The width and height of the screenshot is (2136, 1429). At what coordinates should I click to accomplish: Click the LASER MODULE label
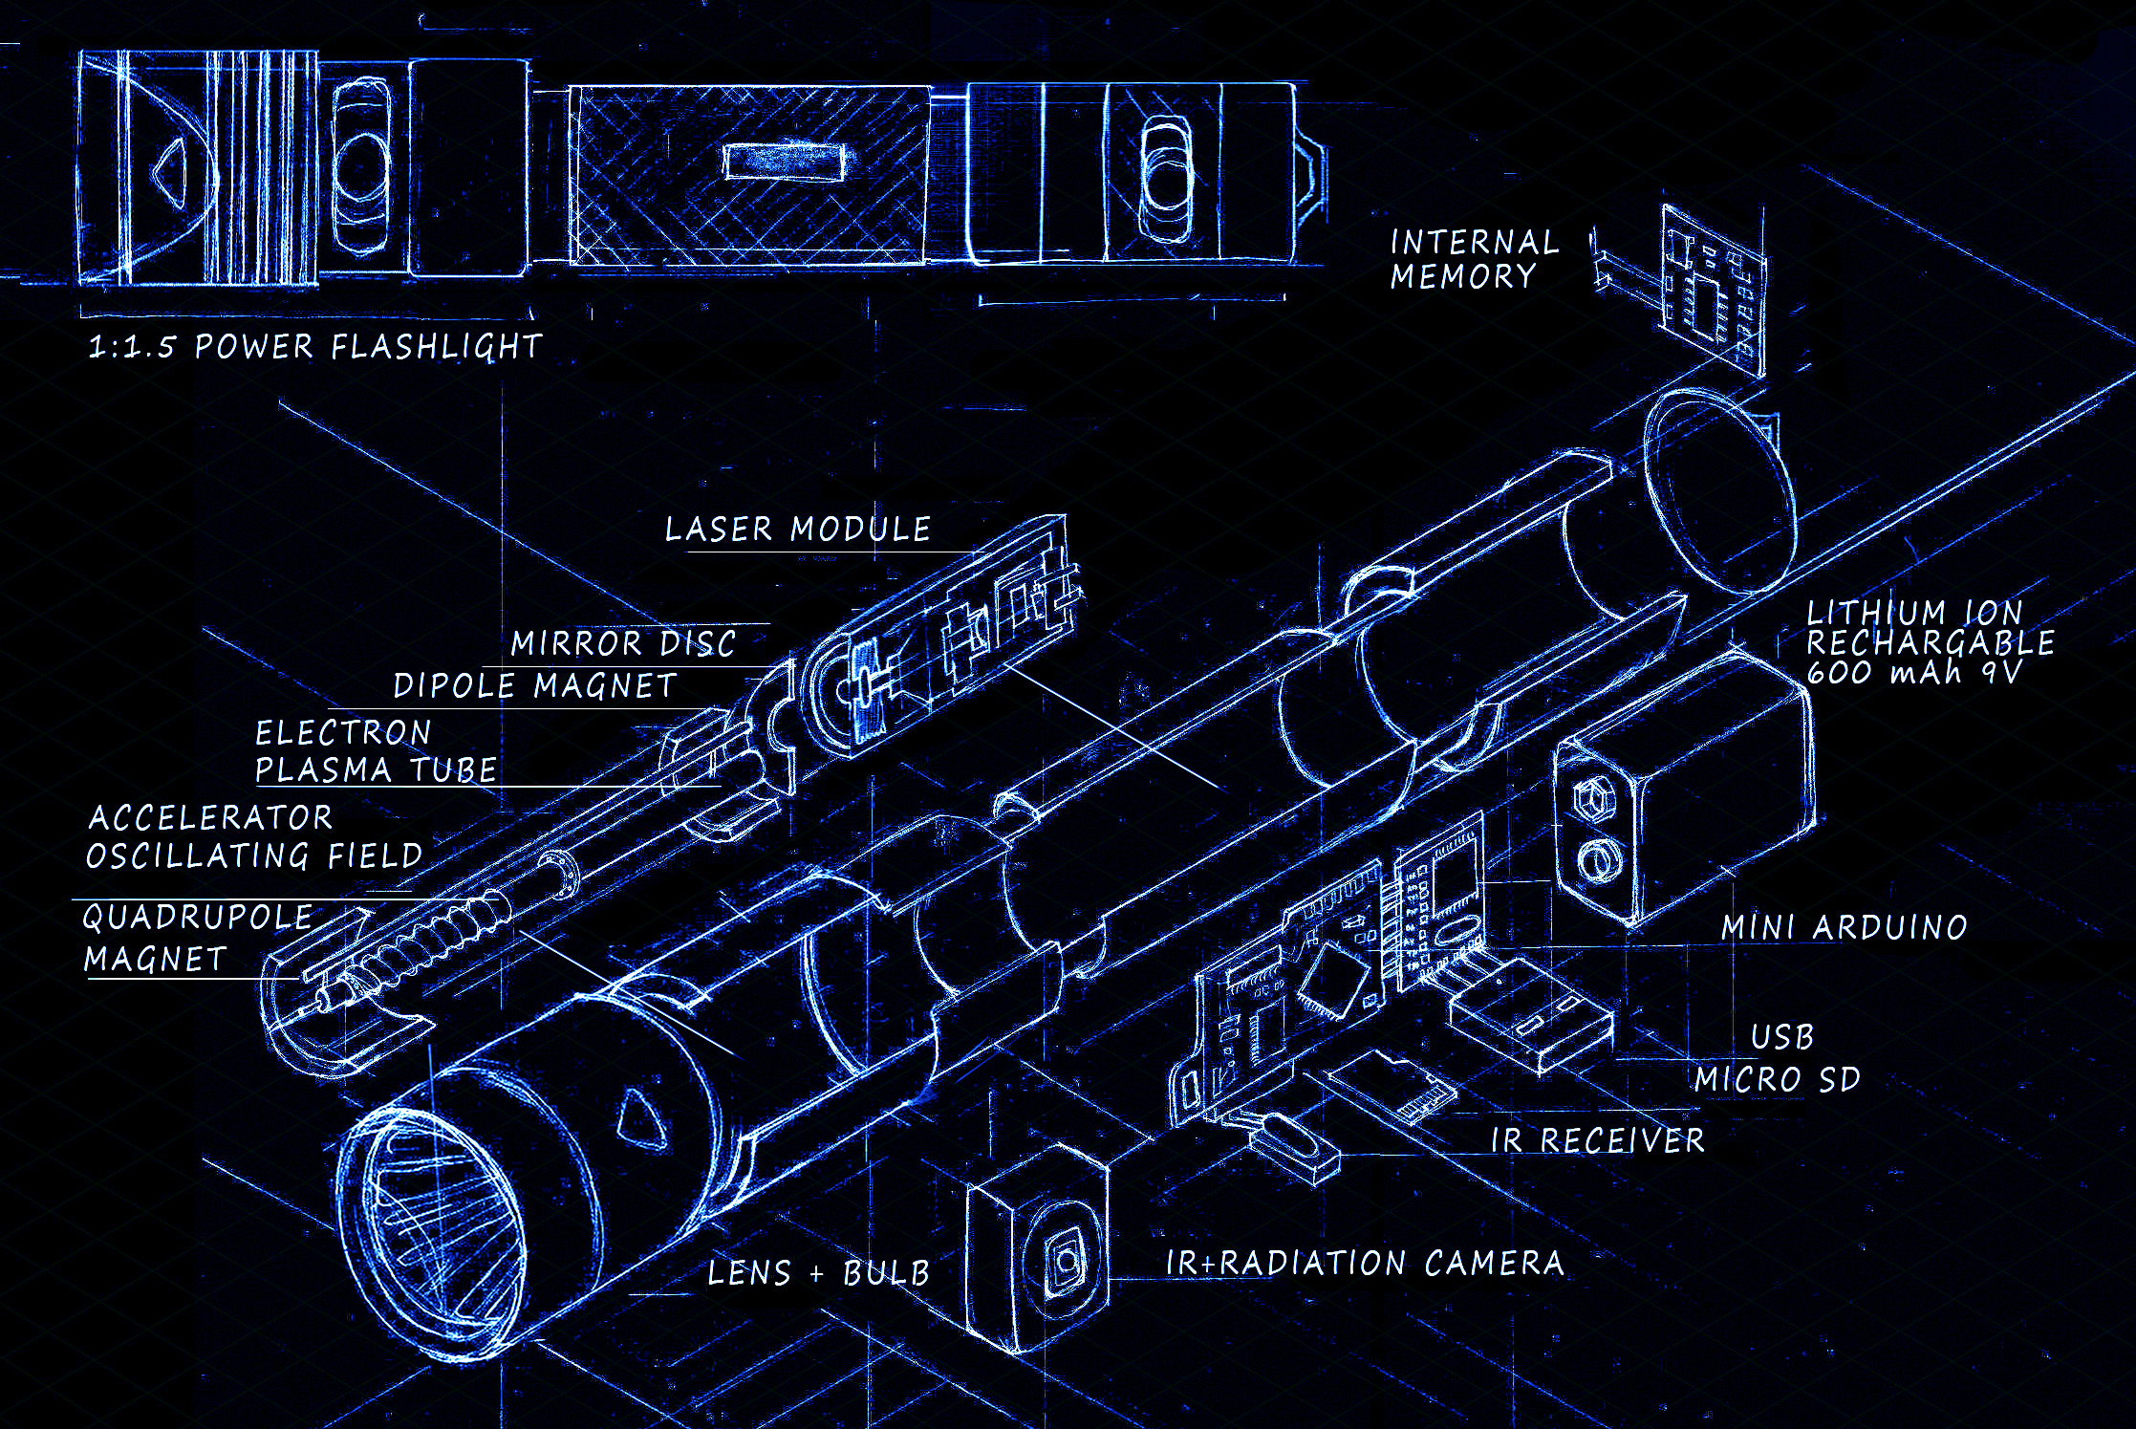point(797,529)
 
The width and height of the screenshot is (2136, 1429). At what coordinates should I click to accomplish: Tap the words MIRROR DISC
point(623,643)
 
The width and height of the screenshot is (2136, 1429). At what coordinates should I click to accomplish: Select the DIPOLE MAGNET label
point(534,685)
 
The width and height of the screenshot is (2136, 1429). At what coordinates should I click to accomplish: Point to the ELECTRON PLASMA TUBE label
point(375,751)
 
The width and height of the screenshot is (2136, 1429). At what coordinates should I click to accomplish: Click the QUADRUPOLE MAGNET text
point(196,938)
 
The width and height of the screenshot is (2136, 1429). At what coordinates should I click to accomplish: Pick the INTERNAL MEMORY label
point(1473,259)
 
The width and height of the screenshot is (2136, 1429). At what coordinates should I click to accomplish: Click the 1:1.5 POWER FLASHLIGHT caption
point(314,346)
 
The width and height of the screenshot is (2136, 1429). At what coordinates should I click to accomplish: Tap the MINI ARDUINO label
point(1844,927)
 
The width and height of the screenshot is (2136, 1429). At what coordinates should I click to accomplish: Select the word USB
point(1781,1036)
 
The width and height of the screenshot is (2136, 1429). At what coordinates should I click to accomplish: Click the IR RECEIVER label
point(1597,1139)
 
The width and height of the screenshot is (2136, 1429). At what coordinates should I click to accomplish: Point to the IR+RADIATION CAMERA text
point(1365,1263)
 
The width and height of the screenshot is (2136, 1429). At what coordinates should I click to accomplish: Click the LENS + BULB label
point(818,1273)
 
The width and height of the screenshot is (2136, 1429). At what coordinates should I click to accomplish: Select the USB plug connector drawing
point(1529,1018)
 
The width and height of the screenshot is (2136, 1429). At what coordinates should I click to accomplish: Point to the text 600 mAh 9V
point(1914,672)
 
